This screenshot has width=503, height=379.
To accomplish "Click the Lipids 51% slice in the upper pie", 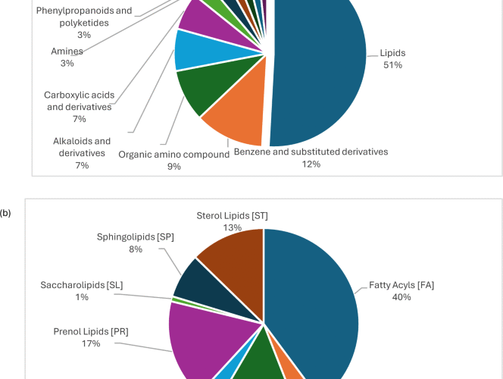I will pos(318,68).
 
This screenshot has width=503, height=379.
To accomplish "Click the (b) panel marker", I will pos(6,214).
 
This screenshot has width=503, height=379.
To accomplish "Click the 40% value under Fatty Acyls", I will pos(401,297).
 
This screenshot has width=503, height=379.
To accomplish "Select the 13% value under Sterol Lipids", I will pos(232,227).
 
